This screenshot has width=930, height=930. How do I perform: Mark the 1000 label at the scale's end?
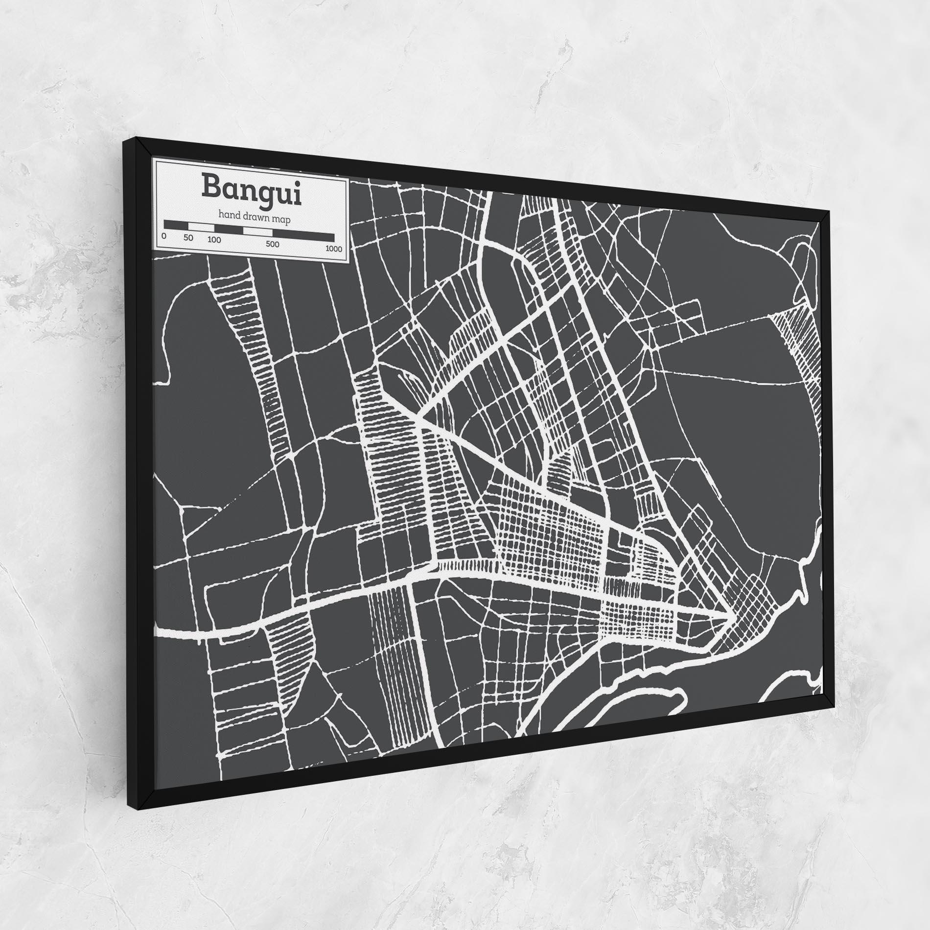coord(333,249)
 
